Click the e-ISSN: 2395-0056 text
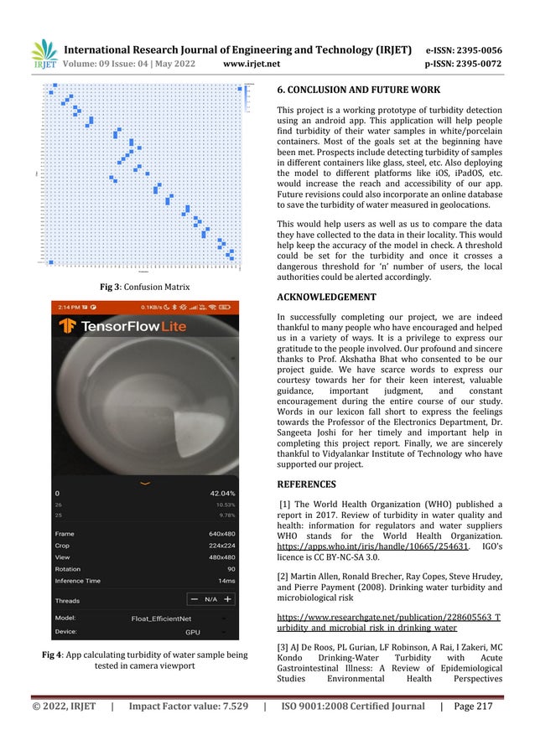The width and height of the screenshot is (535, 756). pyautogui.click(x=464, y=50)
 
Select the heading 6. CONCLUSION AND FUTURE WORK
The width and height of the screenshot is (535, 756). pyautogui.click(x=359, y=90)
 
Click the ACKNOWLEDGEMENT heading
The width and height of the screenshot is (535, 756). pyautogui.click(x=326, y=297)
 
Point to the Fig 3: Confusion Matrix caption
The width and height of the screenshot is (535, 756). pyautogui.click(x=145, y=287)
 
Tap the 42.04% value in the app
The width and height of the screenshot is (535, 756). pyautogui.click(x=221, y=494)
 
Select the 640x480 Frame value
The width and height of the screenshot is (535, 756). pyautogui.click(x=222, y=534)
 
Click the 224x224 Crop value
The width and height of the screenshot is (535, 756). pyautogui.click(x=222, y=546)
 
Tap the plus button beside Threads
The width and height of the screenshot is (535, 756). pyautogui.click(x=227, y=599)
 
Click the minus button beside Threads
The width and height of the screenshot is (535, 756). pyautogui.click(x=195, y=599)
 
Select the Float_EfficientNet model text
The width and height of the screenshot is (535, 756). pyautogui.click(x=161, y=619)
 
